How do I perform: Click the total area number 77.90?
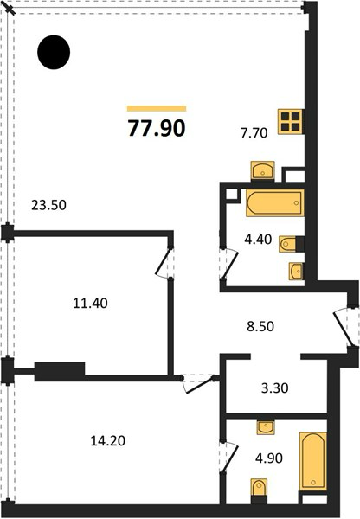point(157,128)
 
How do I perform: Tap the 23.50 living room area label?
point(48,205)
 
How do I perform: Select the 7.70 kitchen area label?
point(254,133)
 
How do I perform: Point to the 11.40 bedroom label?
point(90,304)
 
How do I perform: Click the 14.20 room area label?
point(108,441)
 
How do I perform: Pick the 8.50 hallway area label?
point(260,326)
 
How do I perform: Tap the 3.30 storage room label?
point(274,388)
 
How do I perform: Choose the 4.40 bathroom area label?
point(258,239)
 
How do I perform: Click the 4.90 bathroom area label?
point(269,458)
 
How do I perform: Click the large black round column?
point(54,52)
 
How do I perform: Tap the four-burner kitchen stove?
point(291,121)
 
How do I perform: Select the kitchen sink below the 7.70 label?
point(262,170)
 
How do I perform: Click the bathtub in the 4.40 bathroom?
point(275,202)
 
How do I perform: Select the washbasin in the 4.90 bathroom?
point(266,427)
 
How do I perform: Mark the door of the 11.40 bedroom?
point(163,262)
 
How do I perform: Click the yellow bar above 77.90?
point(157,109)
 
